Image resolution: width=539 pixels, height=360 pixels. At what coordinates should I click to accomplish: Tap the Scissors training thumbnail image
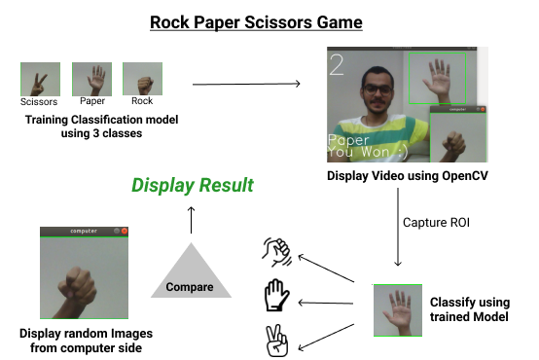40,79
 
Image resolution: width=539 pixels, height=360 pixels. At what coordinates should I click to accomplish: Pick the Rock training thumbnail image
142,79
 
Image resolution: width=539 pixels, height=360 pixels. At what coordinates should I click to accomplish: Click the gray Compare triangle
190,276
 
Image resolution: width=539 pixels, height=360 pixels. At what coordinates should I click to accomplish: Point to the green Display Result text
192,185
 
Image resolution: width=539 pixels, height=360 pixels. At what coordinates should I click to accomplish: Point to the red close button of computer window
125,231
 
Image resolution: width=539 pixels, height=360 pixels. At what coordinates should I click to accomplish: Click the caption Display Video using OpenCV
408,175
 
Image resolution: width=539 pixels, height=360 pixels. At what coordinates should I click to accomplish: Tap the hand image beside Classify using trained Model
398,309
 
